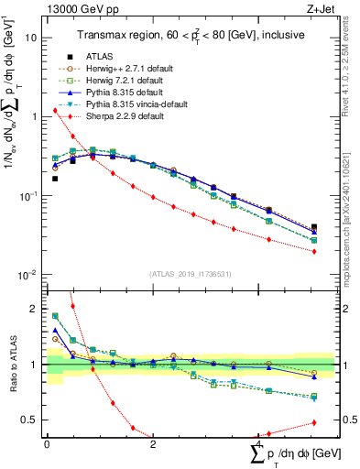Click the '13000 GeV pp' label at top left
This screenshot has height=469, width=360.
pyautogui.click(x=79, y=10)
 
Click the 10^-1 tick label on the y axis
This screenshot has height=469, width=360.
pyautogui.click(x=27, y=196)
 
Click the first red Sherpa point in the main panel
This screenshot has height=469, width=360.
pyautogui.click(x=55, y=111)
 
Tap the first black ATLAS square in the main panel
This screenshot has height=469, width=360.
pyautogui.click(x=55, y=179)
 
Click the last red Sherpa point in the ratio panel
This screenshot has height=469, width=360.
pyautogui.click(x=314, y=422)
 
